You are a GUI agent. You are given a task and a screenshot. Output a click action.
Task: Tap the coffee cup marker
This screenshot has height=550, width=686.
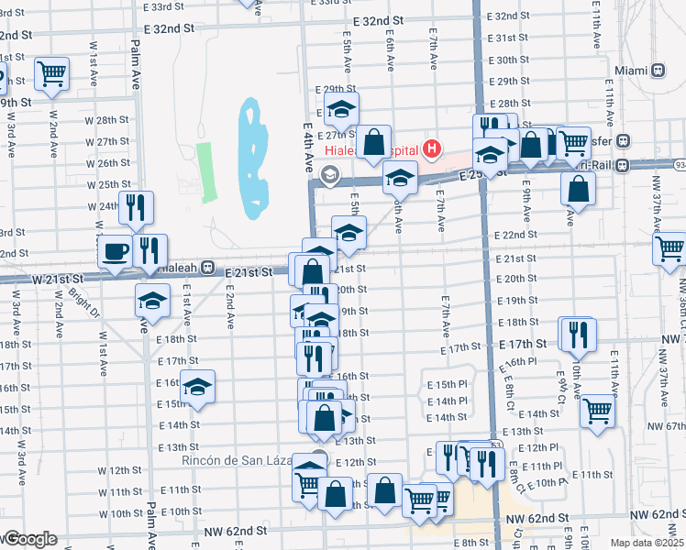[116, 251]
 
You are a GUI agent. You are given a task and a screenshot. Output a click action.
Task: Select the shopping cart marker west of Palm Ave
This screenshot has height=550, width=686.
[52, 72]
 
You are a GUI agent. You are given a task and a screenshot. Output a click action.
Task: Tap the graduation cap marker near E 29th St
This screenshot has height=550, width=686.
[341, 108]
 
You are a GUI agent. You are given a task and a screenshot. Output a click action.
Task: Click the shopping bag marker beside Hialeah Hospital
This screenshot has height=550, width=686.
[373, 142]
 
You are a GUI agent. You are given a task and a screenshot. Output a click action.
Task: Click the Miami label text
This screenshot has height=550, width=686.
[631, 71]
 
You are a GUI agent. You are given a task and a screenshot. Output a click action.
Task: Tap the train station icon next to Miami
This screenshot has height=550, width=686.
[658, 71]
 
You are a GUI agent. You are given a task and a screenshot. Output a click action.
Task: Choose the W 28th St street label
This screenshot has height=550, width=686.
[113, 120]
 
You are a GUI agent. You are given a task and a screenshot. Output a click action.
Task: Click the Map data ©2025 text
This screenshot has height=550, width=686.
[646, 543]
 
